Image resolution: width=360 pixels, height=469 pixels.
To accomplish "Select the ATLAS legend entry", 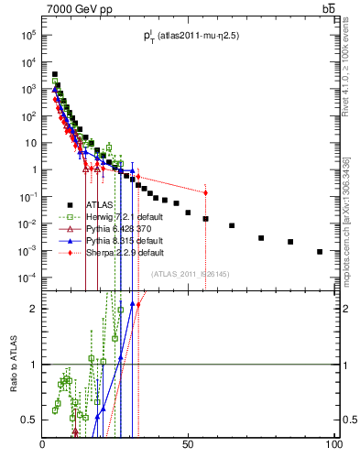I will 99,205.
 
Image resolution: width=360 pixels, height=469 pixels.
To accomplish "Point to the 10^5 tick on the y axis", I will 29,35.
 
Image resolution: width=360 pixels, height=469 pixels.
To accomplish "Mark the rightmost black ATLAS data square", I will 320,251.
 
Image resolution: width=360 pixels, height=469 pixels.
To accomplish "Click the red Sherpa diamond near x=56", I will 205,192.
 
